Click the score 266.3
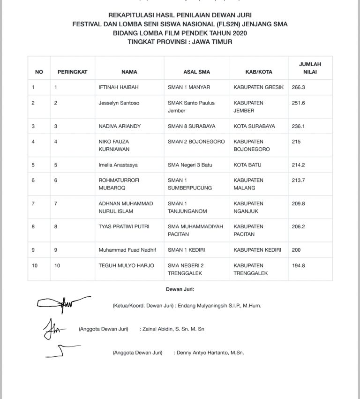pos(298,87)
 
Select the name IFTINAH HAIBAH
pos(119,87)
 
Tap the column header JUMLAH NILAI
pos(310,68)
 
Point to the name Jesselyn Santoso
pos(119,103)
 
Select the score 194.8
pos(298,265)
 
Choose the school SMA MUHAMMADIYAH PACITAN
pos(195,230)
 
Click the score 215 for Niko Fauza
pos(296,142)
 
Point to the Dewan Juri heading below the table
pos(180,289)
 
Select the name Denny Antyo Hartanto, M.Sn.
pos(210,353)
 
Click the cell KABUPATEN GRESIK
pos(258,87)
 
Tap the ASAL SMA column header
pos(196,72)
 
